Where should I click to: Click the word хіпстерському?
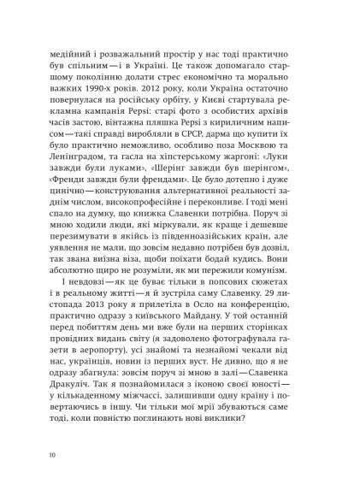[x=184, y=184]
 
